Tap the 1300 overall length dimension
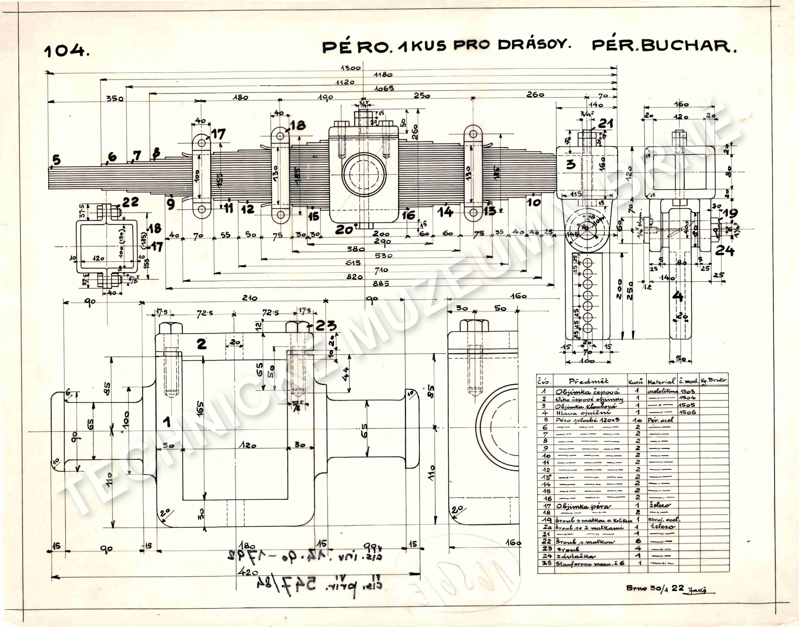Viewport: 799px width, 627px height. tap(351, 68)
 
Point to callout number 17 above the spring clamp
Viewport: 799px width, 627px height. tap(218, 134)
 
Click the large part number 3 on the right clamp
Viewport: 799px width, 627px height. tap(571, 164)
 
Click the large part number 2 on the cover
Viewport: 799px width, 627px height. tap(202, 344)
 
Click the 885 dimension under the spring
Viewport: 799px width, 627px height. tap(381, 283)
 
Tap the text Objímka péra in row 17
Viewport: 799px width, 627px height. tap(575, 506)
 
